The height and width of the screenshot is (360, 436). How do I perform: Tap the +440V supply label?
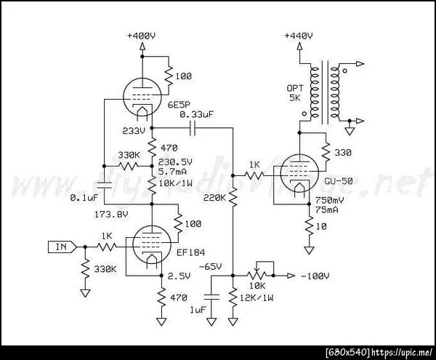click(299, 36)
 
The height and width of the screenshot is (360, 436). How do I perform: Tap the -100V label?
click(317, 276)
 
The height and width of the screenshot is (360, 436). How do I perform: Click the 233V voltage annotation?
click(136, 130)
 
